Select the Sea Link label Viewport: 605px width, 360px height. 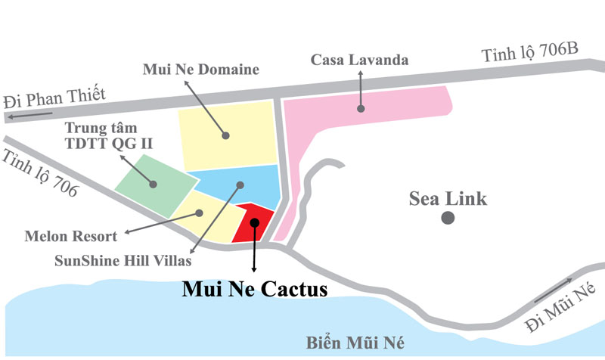[448, 200]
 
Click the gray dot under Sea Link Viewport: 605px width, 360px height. [448, 219]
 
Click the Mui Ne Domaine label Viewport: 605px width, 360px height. [200, 70]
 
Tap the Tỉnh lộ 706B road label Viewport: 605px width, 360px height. [529, 54]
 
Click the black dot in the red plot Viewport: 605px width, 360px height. [255, 222]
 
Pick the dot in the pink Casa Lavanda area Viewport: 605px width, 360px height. [361, 109]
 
